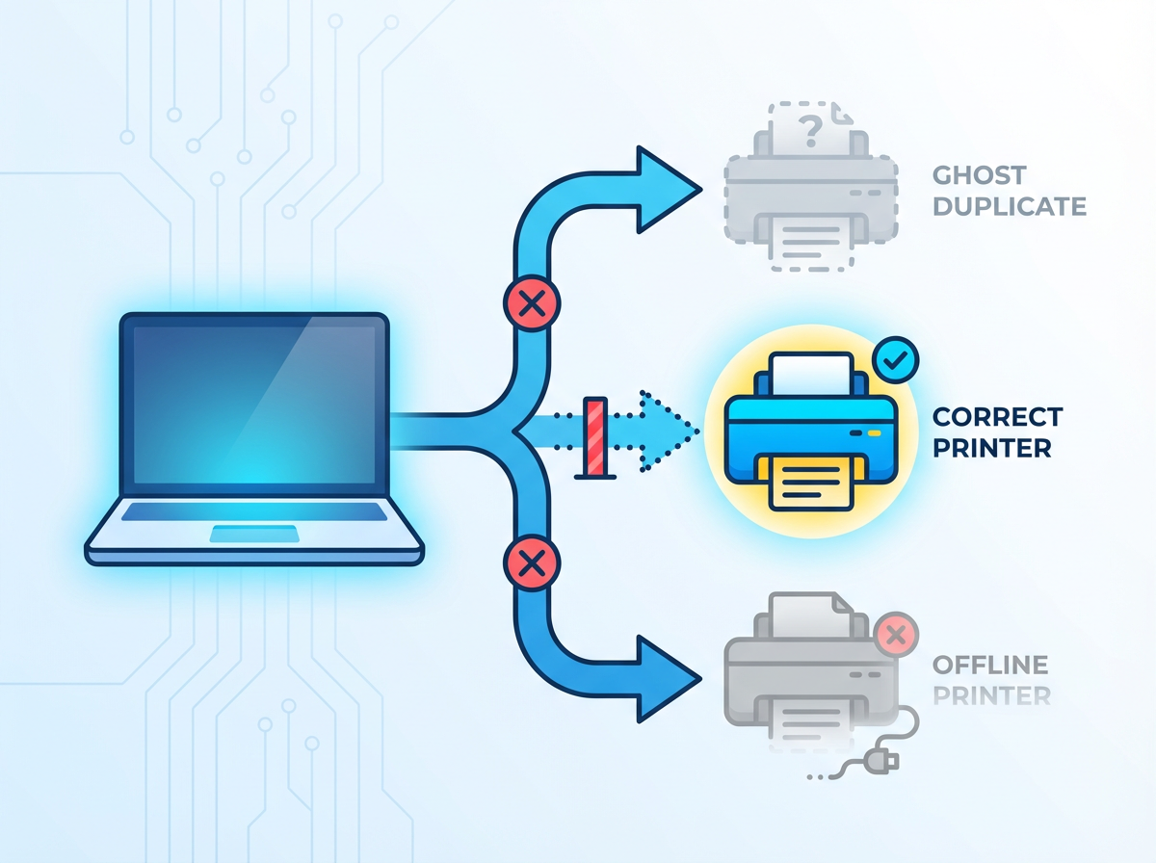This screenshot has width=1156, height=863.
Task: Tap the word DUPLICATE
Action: [1010, 206]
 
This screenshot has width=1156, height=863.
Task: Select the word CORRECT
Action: [998, 417]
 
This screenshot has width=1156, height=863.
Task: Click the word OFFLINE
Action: [989, 665]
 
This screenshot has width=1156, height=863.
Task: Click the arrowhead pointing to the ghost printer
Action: [665, 189]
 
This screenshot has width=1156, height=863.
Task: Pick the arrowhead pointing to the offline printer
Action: [665, 674]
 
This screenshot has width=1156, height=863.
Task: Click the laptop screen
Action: [253, 405]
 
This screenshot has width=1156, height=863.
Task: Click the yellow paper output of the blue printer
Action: [809, 482]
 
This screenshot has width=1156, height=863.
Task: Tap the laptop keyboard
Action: [253, 511]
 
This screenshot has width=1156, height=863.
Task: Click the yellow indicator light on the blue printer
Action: [873, 431]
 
